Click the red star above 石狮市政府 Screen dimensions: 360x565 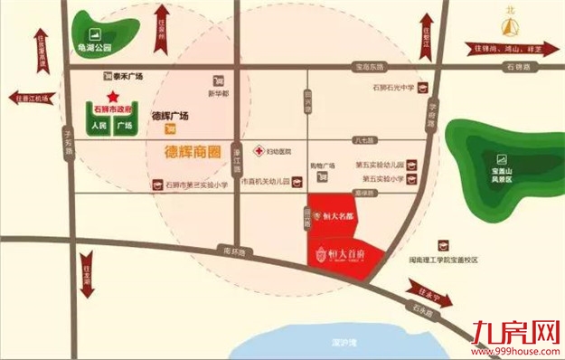[112, 96]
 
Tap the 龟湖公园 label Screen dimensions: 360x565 [95, 46]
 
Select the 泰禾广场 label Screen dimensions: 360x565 [129, 76]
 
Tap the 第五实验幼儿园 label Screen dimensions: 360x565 [379, 165]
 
